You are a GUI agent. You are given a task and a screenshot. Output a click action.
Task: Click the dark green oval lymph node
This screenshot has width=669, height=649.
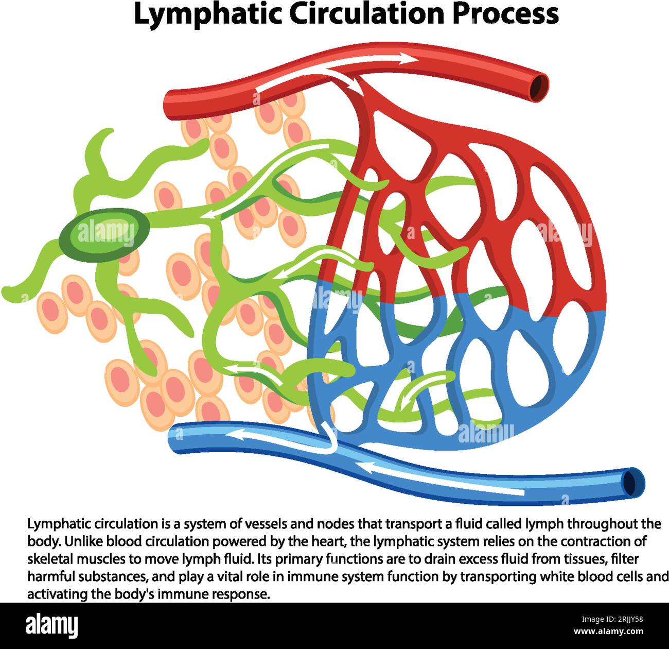(104, 233)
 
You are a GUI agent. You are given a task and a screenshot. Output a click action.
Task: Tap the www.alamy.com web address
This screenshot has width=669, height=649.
(608, 631)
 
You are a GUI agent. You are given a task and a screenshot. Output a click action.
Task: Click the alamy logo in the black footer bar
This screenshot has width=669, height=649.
(52, 625)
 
